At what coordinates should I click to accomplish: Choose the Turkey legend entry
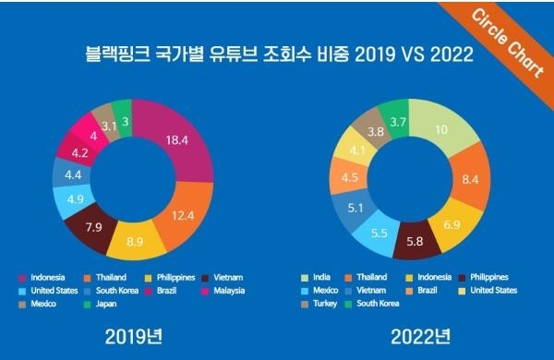(x=326, y=303)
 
